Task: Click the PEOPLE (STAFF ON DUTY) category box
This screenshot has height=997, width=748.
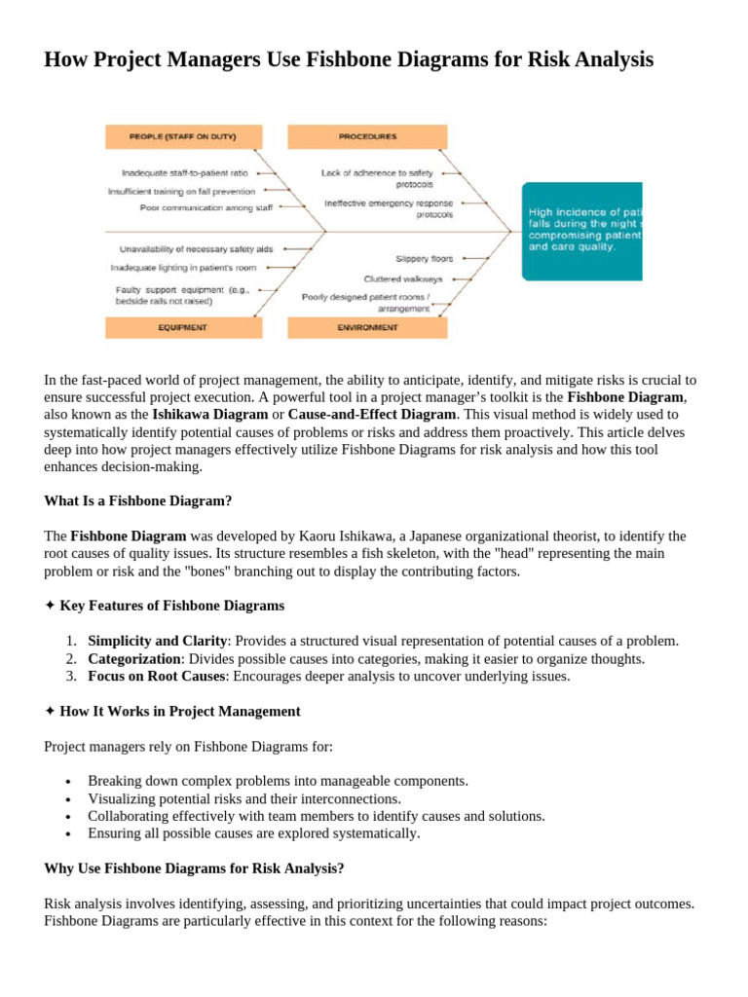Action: tap(182, 135)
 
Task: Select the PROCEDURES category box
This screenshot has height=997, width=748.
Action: tap(367, 135)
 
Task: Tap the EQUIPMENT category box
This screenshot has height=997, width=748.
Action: tap(182, 328)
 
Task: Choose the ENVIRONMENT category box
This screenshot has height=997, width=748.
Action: tap(367, 328)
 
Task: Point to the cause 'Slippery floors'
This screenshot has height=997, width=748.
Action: tap(425, 259)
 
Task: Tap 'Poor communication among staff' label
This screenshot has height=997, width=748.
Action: tap(206, 207)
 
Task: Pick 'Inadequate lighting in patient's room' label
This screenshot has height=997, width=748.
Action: tap(183, 266)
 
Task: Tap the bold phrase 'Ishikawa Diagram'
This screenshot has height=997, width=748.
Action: tap(209, 414)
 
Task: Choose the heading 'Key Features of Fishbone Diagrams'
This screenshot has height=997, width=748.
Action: tap(171, 606)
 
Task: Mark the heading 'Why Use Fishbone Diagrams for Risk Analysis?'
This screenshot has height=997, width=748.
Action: tap(194, 868)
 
